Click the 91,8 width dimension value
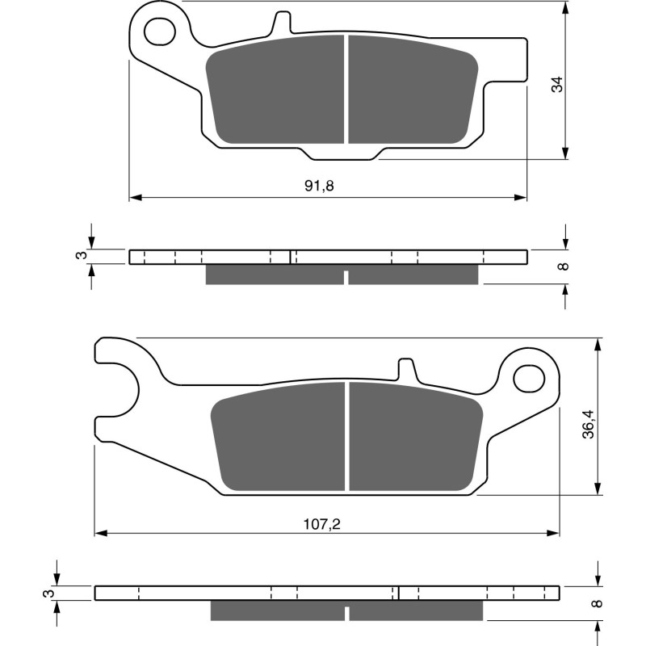tap(319, 186)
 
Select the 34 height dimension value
tap(556, 83)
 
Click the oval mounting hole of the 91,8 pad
tap(159, 31)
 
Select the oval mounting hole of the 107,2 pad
tap(530, 375)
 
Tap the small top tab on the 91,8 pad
tap(282, 22)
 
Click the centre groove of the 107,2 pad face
tap(347, 436)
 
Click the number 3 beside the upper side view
tap(79, 256)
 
